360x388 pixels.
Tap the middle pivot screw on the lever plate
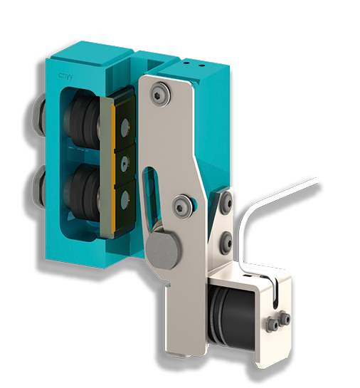point(184,206)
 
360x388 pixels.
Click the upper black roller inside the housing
point(80,121)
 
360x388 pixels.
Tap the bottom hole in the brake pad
point(125,196)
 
